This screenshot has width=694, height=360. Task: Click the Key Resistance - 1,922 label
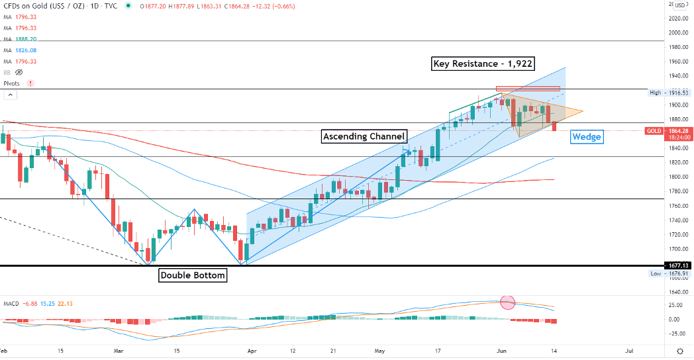pos(483,64)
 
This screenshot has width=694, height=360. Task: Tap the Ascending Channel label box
pos(364,136)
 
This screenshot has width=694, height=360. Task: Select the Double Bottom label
pos(192,275)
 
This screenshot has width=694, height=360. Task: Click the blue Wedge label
pos(586,137)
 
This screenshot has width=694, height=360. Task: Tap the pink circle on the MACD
pos(507,302)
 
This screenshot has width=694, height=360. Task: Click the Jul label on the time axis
pos(629,350)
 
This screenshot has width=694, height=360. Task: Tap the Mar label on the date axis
pos(119,350)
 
